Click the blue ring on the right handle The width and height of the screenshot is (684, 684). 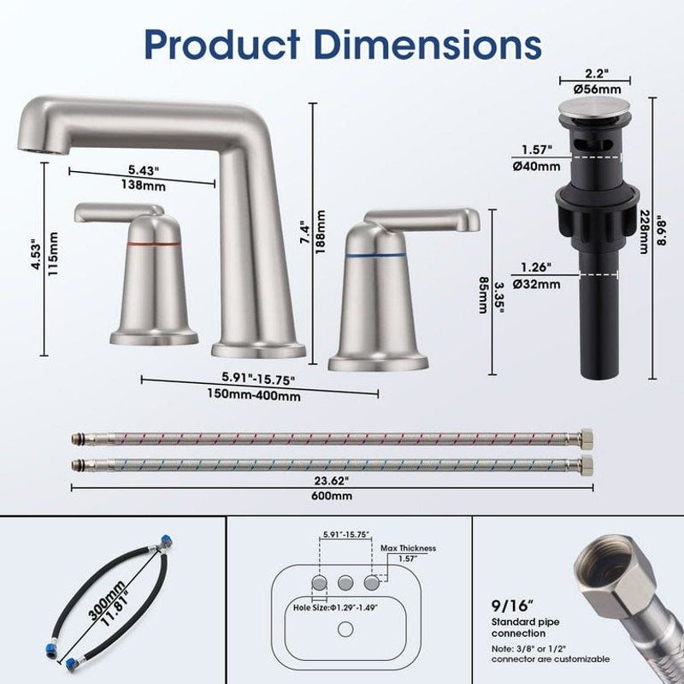click(375, 254)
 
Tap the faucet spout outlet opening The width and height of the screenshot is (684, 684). click(32, 144)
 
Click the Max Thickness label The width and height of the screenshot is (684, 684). click(408, 548)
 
